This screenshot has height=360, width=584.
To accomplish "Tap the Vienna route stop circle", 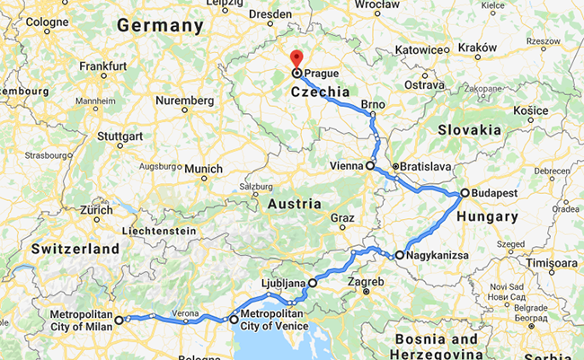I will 369,166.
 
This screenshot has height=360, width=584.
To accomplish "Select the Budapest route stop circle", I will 465,193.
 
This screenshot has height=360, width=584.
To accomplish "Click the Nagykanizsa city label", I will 438,255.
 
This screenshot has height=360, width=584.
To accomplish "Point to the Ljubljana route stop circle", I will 313,283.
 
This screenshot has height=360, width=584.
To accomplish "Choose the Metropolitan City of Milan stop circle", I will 119,320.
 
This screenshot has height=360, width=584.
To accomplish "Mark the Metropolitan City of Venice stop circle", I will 234,320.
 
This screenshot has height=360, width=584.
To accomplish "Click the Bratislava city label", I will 424,167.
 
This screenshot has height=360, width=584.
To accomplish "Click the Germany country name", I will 161,26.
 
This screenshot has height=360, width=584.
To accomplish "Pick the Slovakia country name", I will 469,129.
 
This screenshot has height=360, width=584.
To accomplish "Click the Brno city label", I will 373,105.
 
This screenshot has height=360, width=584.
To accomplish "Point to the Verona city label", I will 185,315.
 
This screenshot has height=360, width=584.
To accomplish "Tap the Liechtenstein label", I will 163,230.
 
